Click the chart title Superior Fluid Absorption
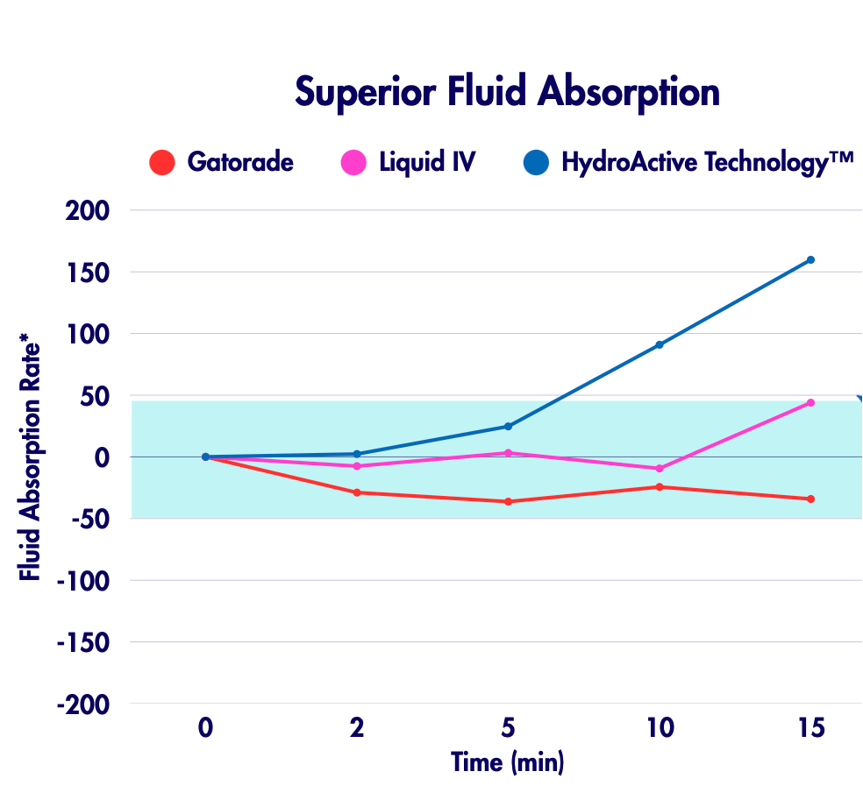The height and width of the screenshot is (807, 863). click(507, 91)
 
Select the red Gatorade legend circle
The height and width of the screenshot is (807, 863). click(162, 163)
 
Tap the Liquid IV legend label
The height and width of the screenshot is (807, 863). click(427, 162)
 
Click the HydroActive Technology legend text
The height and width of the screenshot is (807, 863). click(707, 162)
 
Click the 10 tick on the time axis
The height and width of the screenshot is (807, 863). click(660, 727)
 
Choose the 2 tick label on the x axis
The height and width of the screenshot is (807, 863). click(357, 727)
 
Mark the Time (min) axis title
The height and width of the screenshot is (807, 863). click(508, 761)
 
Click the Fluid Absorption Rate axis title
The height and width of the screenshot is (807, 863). click(31, 457)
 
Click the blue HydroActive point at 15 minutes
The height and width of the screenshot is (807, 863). click(810, 260)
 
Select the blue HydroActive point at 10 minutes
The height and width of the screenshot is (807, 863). click(660, 344)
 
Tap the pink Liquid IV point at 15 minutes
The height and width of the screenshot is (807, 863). click(810, 403)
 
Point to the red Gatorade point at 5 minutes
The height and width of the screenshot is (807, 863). click(508, 501)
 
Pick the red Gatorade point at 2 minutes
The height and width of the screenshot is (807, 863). click(357, 492)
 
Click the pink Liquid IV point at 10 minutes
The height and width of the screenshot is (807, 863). click(660, 469)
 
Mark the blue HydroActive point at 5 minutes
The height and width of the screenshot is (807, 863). click(508, 427)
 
